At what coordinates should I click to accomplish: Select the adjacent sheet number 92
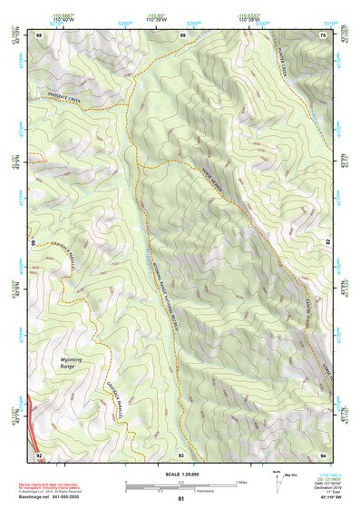pos(38,453)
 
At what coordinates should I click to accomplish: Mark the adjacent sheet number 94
pos(324,453)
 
